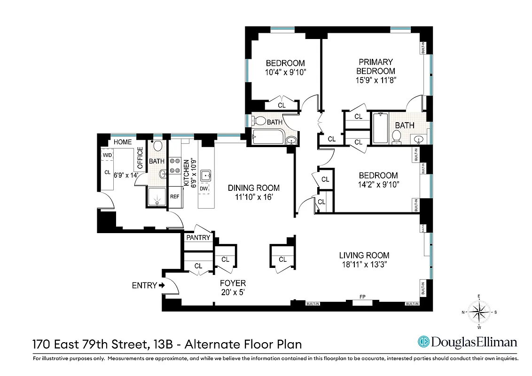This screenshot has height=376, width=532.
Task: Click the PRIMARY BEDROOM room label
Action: coord(376,66)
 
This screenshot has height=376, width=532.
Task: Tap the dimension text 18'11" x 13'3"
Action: coord(364,264)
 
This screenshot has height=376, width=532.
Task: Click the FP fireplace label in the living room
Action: coord(362,297)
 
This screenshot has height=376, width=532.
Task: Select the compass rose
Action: coord(479,312)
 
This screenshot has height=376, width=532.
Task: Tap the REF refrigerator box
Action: coord(174,196)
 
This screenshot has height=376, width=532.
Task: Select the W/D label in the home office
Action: coord(108,155)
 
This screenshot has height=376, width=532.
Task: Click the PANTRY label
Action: coord(198,237)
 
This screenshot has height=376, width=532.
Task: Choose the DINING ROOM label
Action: coord(254,188)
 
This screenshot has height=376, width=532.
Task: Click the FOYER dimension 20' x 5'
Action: coord(233,292)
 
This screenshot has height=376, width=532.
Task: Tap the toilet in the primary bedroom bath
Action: coord(396,136)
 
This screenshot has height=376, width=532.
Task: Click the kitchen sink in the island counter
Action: coord(206,176)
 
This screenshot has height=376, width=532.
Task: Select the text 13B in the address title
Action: coord(166,344)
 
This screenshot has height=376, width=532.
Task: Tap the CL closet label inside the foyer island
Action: coord(282,259)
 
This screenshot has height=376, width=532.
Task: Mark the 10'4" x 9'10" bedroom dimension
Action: coord(285,72)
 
